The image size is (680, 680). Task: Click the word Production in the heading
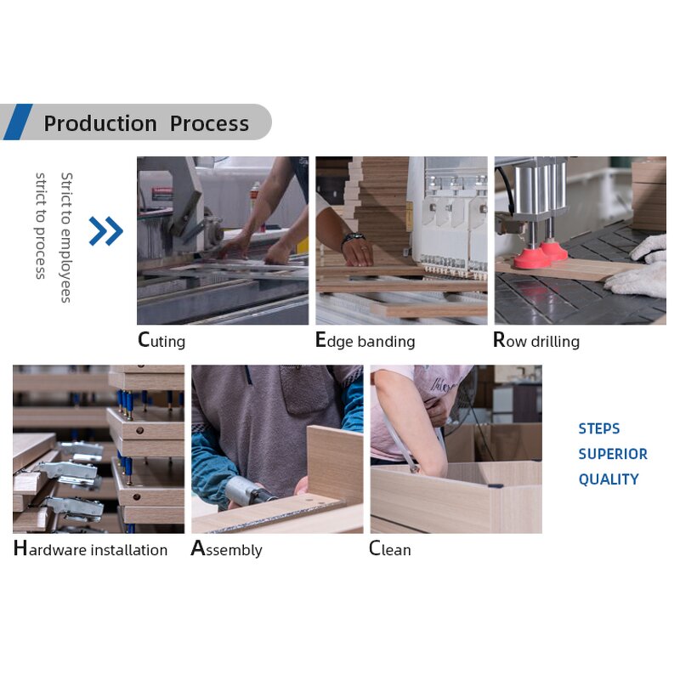(100, 123)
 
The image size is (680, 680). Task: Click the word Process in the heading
(209, 123)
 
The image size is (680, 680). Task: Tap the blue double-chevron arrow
(105, 231)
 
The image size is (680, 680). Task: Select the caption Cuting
(161, 341)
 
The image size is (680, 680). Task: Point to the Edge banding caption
(365, 341)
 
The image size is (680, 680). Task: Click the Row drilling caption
(536, 341)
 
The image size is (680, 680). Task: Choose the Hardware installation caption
(90, 548)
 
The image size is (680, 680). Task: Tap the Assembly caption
(226, 549)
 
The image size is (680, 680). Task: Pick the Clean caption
(390, 548)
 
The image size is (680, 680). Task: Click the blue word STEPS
(599, 429)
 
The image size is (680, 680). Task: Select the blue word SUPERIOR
(613, 454)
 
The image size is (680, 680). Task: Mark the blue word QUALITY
(609, 479)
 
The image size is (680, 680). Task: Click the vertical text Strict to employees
(66, 237)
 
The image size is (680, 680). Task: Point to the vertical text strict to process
(40, 225)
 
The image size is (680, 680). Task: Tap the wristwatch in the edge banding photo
(353, 239)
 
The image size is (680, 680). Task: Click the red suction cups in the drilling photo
(540, 255)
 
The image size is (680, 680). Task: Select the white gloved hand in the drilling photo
(637, 267)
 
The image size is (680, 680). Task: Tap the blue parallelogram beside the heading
(18, 122)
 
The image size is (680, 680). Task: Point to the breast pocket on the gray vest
(304, 389)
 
